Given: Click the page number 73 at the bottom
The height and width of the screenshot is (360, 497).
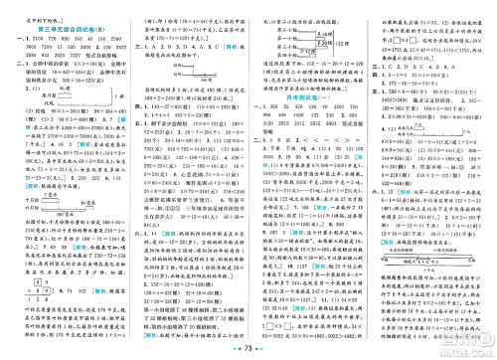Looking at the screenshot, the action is (x=250, y=350).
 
